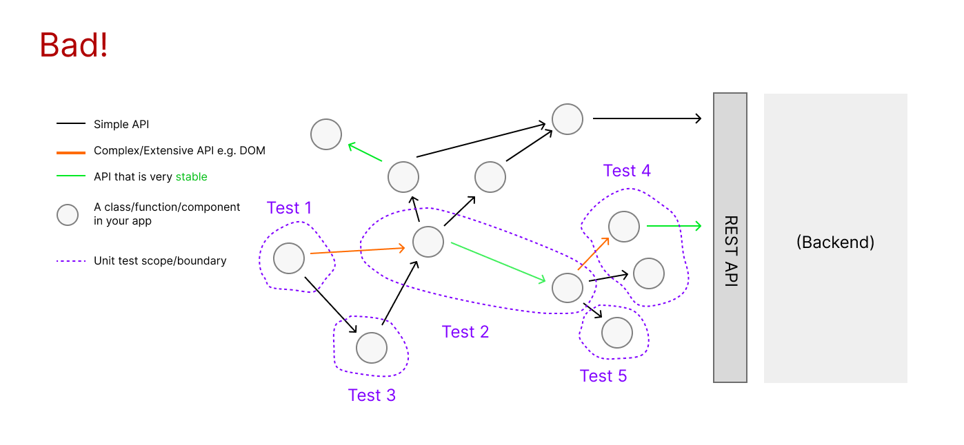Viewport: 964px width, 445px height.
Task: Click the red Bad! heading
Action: tap(73, 45)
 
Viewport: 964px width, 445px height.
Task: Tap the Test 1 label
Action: tap(289, 207)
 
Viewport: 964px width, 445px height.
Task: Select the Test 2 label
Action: tap(465, 331)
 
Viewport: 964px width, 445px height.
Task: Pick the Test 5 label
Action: tap(603, 376)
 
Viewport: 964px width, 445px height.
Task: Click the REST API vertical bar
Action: tap(730, 238)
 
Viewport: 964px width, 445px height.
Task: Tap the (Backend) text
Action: tap(835, 242)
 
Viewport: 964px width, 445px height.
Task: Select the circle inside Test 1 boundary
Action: tap(289, 258)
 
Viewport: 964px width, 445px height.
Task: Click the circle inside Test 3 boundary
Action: tap(372, 348)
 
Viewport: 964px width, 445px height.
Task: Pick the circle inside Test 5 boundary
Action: tap(616, 332)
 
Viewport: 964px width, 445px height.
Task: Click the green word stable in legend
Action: tap(192, 177)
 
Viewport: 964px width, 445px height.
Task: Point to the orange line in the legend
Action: tap(71, 153)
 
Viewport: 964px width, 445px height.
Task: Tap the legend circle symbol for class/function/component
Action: tap(68, 214)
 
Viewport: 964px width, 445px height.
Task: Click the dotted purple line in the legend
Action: tap(71, 261)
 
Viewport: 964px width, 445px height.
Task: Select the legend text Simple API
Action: tap(121, 124)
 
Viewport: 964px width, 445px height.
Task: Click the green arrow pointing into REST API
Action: tap(674, 226)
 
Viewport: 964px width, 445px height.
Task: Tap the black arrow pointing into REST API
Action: tap(647, 118)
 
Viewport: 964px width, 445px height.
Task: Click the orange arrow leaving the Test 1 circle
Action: tap(358, 251)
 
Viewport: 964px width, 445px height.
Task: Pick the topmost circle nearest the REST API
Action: tap(568, 119)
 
